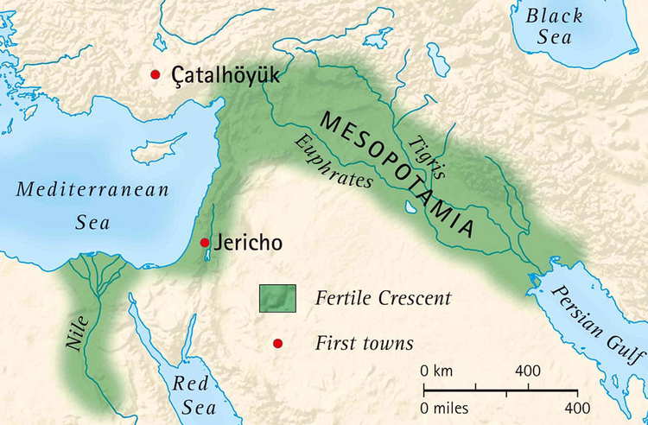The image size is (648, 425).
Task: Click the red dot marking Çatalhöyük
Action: [x=156, y=75]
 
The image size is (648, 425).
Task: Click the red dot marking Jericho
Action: [x=205, y=243]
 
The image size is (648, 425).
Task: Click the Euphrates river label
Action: [x=333, y=162]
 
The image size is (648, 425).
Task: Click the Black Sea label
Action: [x=556, y=27]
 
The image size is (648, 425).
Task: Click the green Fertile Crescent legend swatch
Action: [x=277, y=298]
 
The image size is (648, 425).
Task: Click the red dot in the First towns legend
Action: [x=277, y=344]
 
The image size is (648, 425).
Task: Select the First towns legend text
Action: [x=364, y=344]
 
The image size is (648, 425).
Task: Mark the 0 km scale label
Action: [x=437, y=371]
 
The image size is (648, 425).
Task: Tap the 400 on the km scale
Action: [x=527, y=371]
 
